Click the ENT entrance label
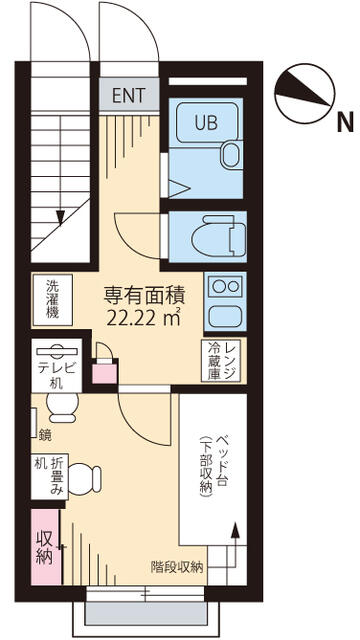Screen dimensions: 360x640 click(129, 95)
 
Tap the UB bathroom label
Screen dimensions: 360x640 click(207, 122)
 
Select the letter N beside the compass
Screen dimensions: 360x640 click(345, 123)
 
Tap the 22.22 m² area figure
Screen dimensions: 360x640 click(143, 318)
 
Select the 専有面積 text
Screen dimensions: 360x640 click(144, 297)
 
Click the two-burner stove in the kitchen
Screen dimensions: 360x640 click(226, 286)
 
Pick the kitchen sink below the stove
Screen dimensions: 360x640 click(226, 316)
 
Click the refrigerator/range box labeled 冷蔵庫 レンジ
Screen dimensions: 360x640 click(222, 361)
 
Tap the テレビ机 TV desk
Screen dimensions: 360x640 click(57, 365)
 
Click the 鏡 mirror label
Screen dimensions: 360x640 click(46, 436)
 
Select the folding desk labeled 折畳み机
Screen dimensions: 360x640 click(49, 476)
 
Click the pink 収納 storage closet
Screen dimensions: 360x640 click(46, 546)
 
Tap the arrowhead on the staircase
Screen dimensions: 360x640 click(60, 218)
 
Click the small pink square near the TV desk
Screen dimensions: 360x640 click(105, 374)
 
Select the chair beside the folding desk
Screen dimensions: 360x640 click(84, 478)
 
